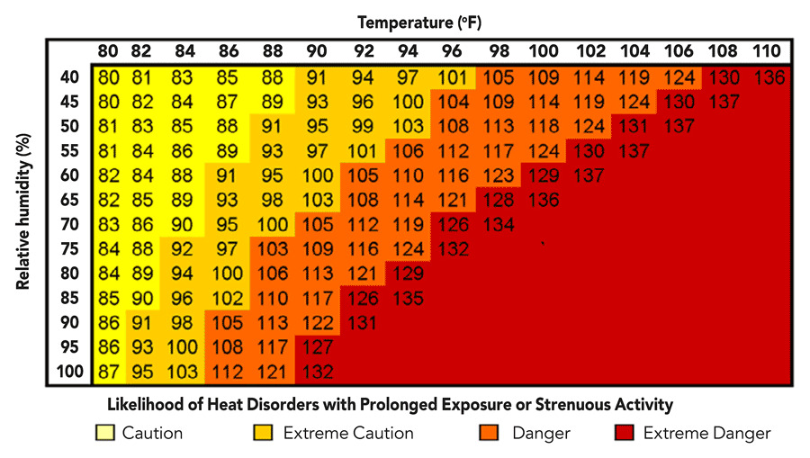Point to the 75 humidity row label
[69, 249]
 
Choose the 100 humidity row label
[69, 371]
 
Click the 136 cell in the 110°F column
[769, 77]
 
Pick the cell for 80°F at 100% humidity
[109, 371]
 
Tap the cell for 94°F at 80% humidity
[407, 274]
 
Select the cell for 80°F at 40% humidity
[109, 77]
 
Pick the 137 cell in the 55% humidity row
[635, 150]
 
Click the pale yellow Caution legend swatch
[105, 433]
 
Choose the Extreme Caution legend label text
[348, 433]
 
